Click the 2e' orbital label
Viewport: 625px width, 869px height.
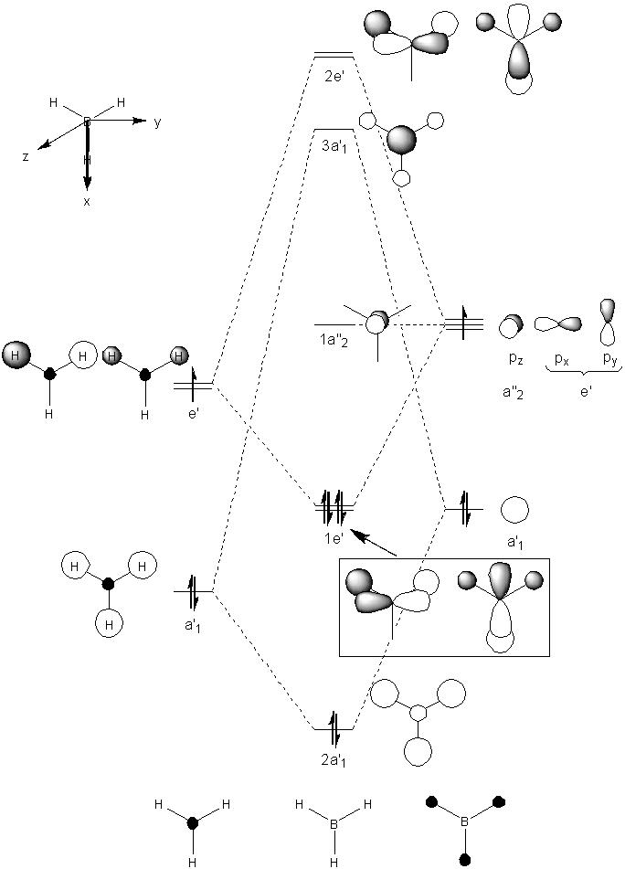pyautogui.click(x=334, y=77)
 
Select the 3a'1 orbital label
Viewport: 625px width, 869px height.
pyautogui.click(x=334, y=147)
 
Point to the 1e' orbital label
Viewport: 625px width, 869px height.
pyautogui.click(x=334, y=537)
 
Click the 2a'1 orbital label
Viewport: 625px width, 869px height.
pyautogui.click(x=334, y=761)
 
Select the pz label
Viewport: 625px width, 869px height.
pyautogui.click(x=516, y=359)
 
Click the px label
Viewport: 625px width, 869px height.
pyautogui.click(x=562, y=360)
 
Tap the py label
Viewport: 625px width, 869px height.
pyautogui.click(x=609, y=360)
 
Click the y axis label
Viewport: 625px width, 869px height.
pyautogui.click(x=158, y=123)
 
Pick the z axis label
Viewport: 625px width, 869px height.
pyautogui.click(x=26, y=156)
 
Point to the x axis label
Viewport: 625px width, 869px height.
pyautogui.click(x=87, y=201)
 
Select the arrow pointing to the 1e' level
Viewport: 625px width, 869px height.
pyautogui.click(x=374, y=543)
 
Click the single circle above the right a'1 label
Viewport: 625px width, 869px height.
pyautogui.click(x=514, y=510)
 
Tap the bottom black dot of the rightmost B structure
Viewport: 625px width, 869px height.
pyautogui.click(x=465, y=860)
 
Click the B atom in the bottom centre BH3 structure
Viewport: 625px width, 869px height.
pyautogui.click(x=334, y=824)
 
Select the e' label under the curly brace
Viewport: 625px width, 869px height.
pyautogui.click(x=586, y=392)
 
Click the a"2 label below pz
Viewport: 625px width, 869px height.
pyautogui.click(x=513, y=393)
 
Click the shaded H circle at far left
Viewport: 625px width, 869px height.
pyautogui.click(x=16, y=355)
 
